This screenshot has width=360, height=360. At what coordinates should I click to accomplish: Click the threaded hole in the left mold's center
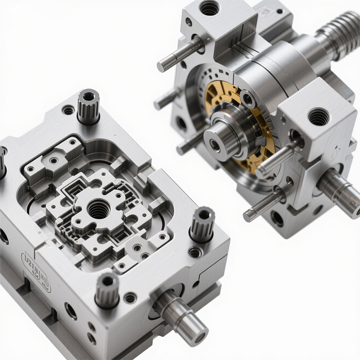click(98, 209)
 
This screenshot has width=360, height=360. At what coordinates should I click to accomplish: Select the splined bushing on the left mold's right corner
click(202, 224)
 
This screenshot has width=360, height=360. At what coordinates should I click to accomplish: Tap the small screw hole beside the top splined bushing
click(68, 110)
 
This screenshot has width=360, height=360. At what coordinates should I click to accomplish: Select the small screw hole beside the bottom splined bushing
click(130, 297)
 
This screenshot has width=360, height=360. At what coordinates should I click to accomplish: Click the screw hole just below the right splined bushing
click(195, 252)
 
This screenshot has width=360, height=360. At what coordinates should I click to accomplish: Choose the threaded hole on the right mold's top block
click(209, 8)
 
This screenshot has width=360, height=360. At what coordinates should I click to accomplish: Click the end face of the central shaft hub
click(215, 144)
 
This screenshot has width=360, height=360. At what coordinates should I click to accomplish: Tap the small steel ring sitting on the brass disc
click(247, 99)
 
